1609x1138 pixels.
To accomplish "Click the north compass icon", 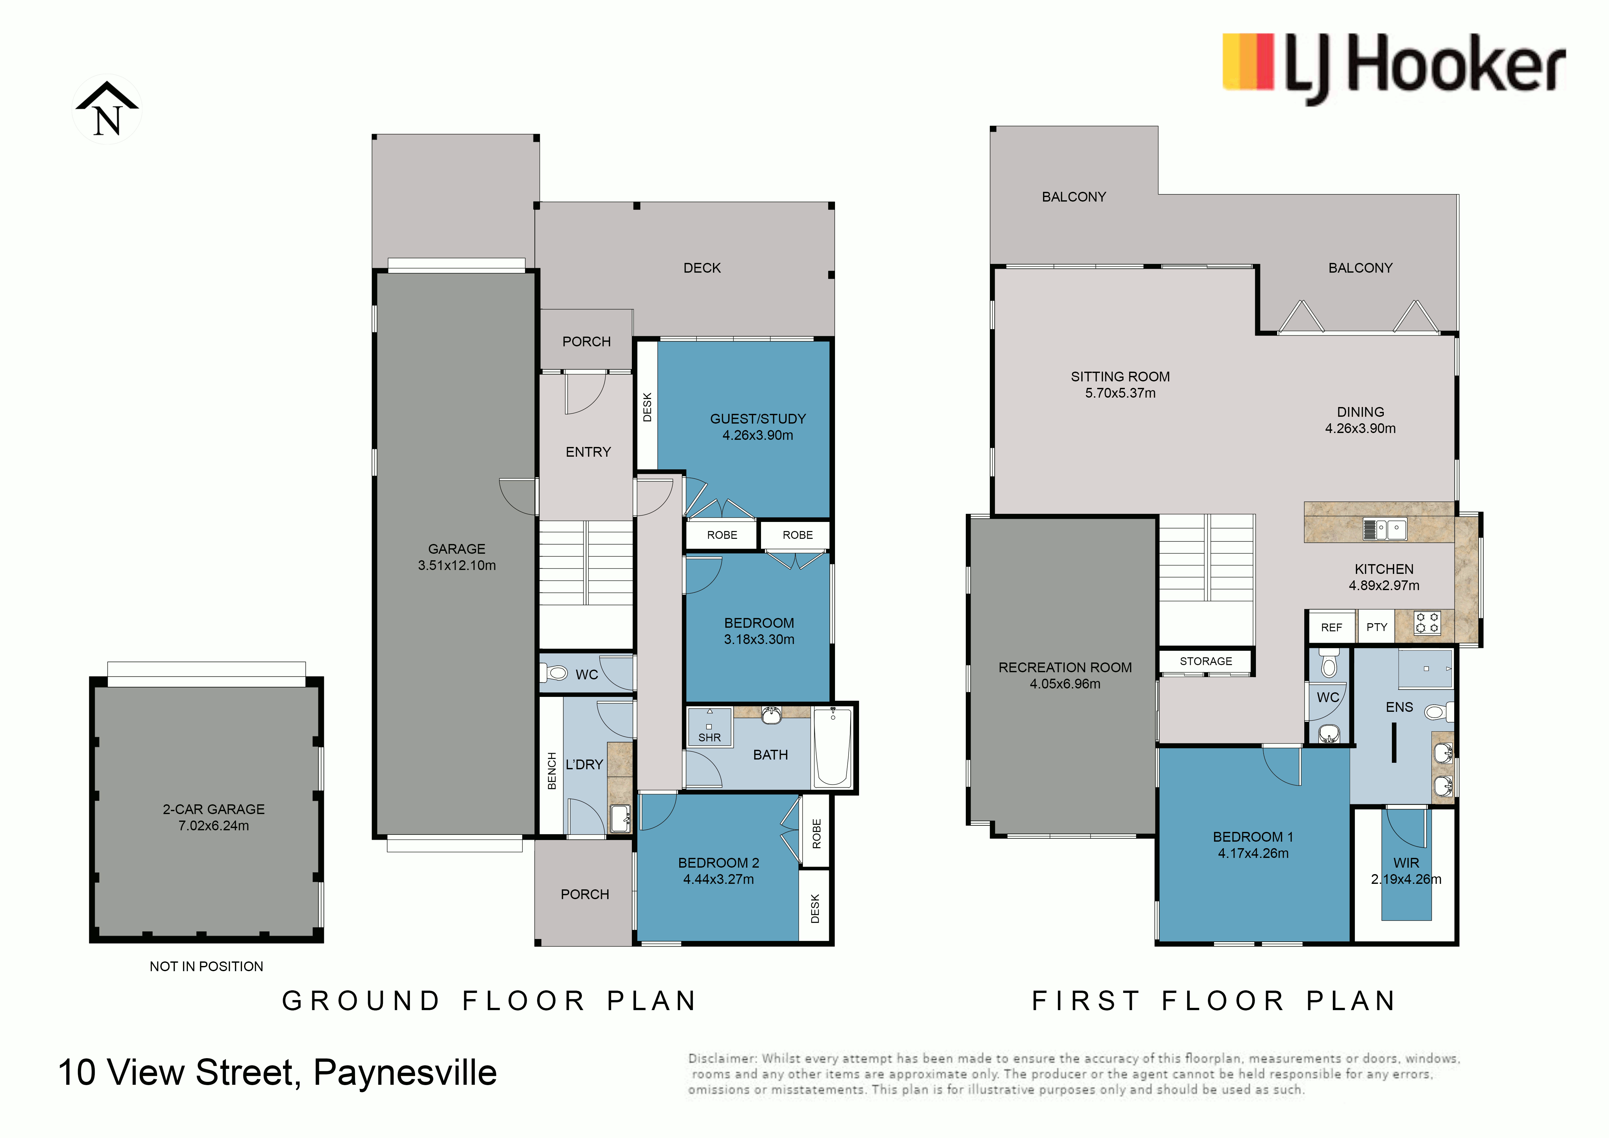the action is coord(107,109).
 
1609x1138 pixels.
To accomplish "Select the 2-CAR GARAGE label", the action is coord(214,809).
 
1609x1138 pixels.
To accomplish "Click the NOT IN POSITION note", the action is coord(207,966).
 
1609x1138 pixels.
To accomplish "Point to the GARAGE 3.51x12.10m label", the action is coord(457,557).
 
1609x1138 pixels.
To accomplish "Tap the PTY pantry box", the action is coord(1376,627).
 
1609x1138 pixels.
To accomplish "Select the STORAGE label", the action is coord(1205,662).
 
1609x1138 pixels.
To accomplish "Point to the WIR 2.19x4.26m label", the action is coord(1406,871).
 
